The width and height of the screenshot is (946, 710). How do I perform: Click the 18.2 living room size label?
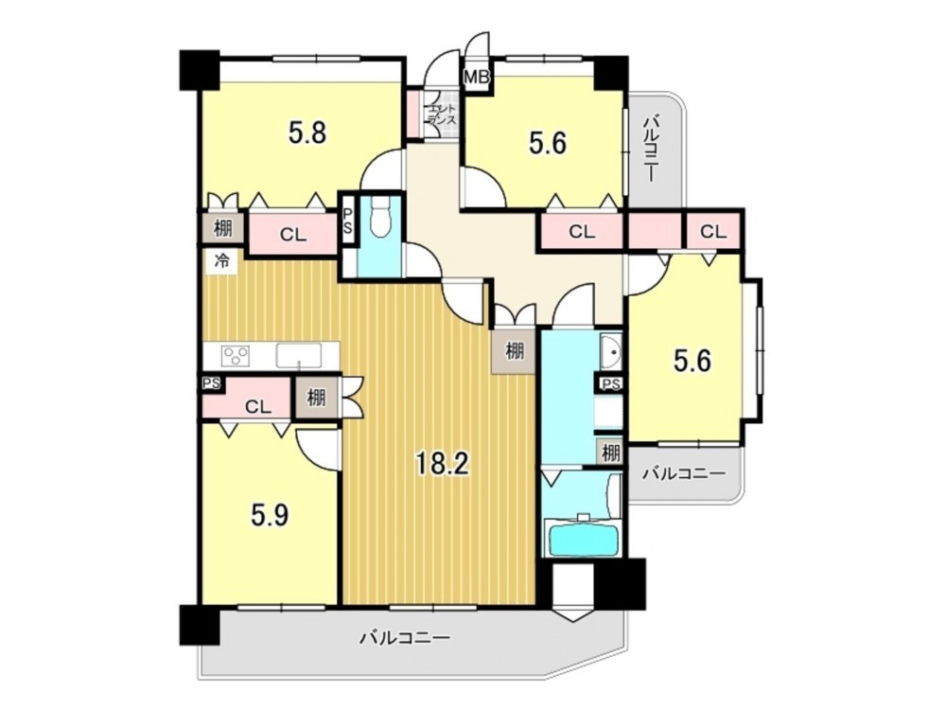click(442, 464)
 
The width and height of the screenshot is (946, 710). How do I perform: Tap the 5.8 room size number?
click(307, 133)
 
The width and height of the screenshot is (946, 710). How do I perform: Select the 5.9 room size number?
click(270, 515)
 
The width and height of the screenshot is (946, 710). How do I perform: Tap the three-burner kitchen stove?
click(236, 355)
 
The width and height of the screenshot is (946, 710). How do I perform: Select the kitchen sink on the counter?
click(299, 355)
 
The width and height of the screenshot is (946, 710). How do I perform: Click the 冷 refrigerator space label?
click(222, 261)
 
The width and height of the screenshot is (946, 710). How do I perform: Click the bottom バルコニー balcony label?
click(406, 637)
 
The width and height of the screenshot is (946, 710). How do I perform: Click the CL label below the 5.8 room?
click(292, 235)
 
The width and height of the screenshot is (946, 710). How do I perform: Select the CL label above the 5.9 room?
click(258, 406)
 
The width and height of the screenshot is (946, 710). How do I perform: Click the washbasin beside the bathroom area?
click(610, 351)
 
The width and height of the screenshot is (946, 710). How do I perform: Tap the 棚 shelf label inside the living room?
click(515, 351)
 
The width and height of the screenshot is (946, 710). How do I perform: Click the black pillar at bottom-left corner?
click(201, 626)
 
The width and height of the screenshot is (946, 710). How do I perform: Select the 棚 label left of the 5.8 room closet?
click(222, 229)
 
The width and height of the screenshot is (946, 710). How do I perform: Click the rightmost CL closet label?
click(713, 231)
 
